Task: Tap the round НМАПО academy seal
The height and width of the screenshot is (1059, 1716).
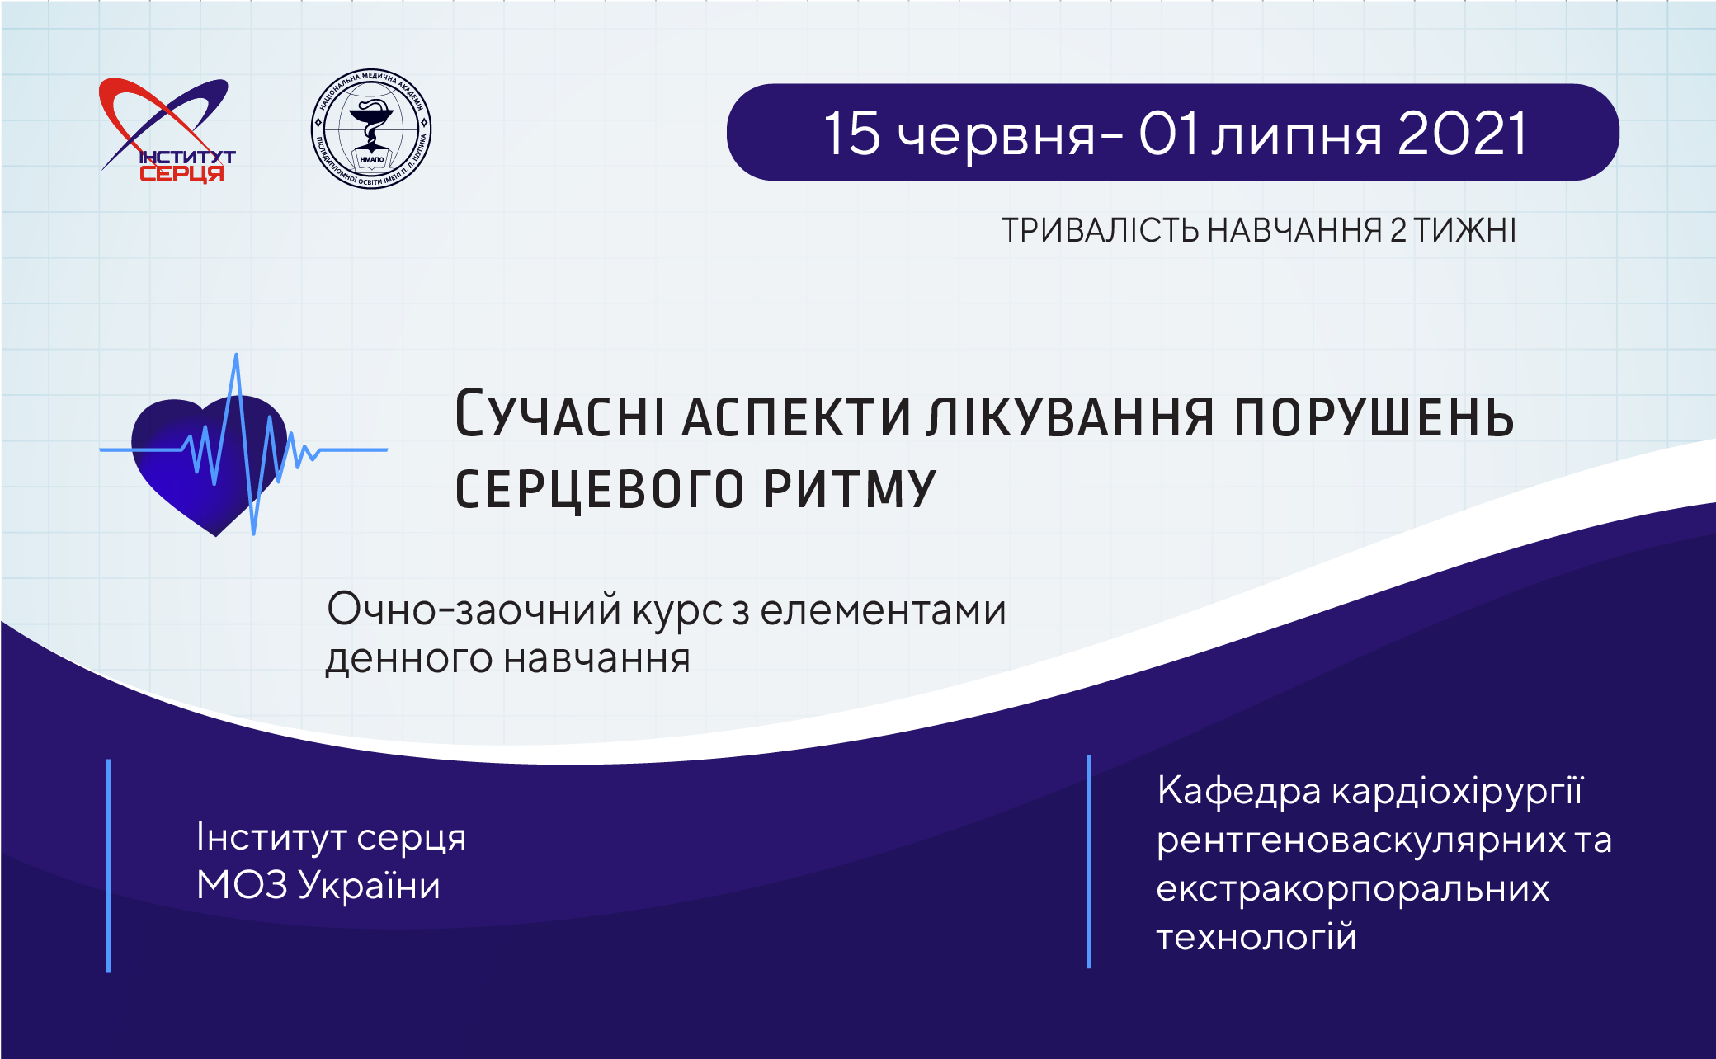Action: pos(371,129)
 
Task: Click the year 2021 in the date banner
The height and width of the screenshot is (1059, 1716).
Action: pos(1462,133)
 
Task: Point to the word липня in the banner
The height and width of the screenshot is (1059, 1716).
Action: pos(1296,137)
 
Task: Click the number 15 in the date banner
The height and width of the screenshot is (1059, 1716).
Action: pos(853,133)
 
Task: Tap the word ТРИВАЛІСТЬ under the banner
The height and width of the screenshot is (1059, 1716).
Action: pos(1100,230)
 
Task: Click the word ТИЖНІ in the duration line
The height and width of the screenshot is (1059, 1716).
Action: pos(1464,230)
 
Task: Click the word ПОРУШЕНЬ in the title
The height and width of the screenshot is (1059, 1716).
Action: pos(1374,417)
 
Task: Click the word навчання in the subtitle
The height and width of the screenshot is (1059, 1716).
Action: pos(596,658)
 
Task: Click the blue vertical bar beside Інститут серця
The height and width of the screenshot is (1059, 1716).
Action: pos(108,865)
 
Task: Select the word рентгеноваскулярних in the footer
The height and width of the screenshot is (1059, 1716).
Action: pos(1360,840)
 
